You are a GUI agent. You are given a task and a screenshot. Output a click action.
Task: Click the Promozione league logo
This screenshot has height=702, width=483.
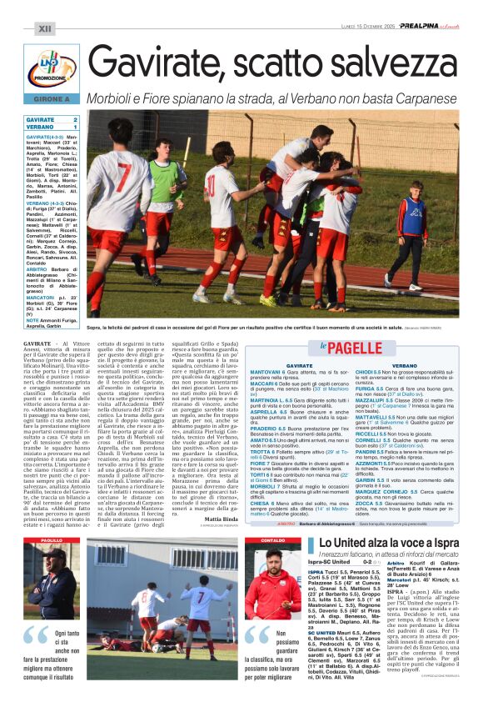click(x=52, y=68)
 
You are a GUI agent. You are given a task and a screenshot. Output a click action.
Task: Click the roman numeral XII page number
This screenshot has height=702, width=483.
click(x=44, y=28)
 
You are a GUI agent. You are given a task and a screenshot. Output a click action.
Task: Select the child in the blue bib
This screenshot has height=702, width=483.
click(x=411, y=225)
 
